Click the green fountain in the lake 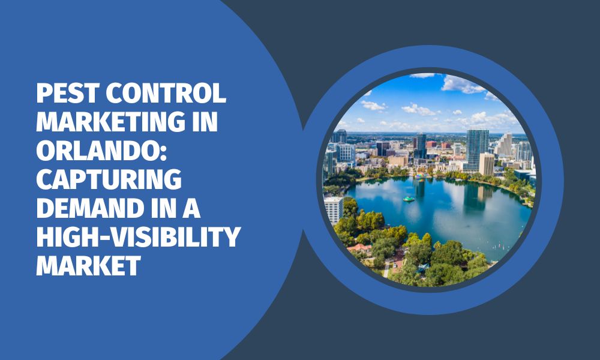[409, 199]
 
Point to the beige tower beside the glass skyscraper [487, 164]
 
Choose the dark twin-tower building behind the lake [420, 144]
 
